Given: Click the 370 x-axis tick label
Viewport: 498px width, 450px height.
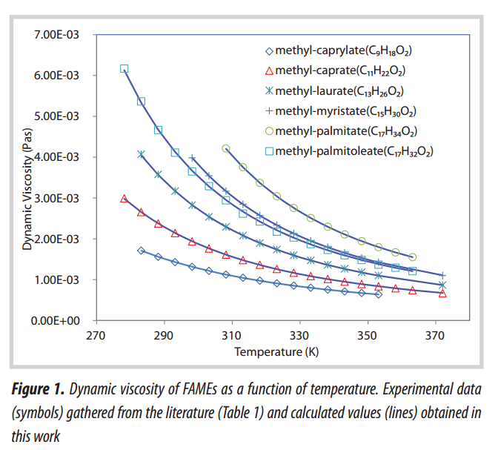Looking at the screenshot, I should (x=435, y=335).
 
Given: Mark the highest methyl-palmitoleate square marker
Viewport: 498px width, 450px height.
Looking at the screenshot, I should (x=124, y=68).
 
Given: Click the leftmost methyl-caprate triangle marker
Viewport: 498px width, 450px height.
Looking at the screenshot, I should (x=124, y=199).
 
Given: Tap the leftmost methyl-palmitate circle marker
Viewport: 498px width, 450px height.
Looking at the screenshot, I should (x=226, y=148).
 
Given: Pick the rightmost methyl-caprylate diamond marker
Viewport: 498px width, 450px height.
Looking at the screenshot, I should (x=379, y=294).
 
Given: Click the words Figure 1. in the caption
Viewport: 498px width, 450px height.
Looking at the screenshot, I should (x=40, y=388).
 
